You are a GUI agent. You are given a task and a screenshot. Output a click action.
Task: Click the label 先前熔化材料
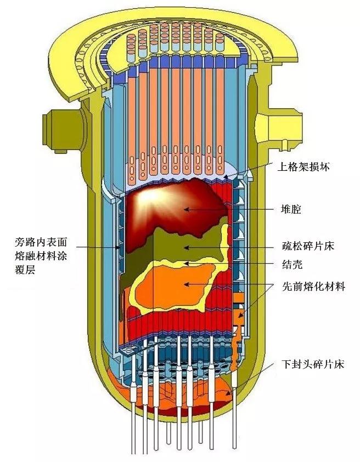click(313, 287)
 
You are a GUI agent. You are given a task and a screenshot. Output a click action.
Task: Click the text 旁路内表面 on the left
click(42, 242)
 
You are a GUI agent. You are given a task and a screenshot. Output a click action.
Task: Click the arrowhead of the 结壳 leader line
click(187, 264)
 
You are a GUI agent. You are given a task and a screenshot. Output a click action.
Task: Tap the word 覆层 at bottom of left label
click(25, 269)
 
